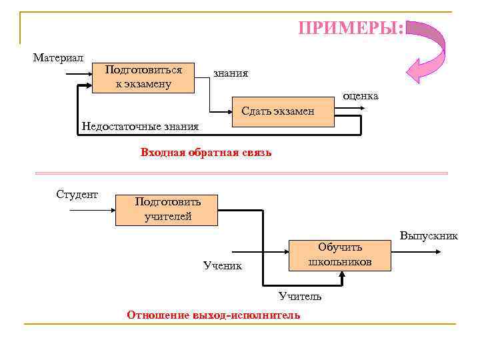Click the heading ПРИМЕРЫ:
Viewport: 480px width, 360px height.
pos(351,29)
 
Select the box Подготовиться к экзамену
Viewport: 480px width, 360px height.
pos(143,77)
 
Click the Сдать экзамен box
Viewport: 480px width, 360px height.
pos(283,111)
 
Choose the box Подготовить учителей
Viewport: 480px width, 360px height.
pos(167,209)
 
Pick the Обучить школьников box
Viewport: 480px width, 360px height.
pos(339,255)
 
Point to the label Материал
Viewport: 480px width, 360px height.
pos(58,58)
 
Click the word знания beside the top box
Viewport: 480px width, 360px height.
pos(231,73)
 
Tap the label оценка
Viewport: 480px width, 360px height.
pos(360,96)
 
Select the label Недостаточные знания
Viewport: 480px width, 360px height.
pos(139,127)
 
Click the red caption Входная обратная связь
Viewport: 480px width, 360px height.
pos(206,153)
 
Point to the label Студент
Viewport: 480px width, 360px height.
pos(77,195)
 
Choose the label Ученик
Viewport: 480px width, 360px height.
pos(223,266)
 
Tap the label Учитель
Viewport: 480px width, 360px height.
pos(300,296)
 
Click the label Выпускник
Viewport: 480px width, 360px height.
pos(429,236)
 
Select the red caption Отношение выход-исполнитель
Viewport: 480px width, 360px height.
pos(213,315)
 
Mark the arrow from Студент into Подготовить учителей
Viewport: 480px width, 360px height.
pos(93,210)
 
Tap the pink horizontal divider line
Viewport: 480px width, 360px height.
pos(240,173)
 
